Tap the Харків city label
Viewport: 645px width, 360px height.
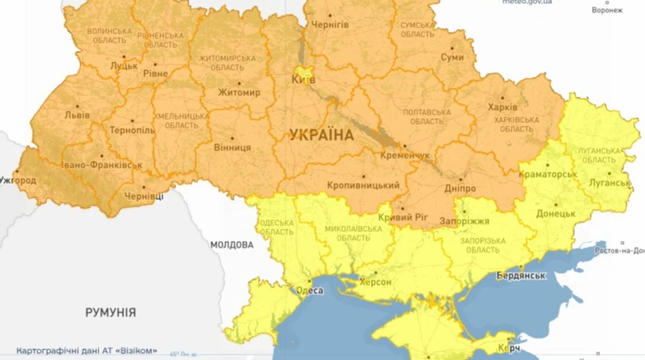503,107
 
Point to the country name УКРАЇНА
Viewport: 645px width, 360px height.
322,134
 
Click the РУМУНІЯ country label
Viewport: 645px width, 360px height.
110,311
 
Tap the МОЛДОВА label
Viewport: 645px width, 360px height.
231,244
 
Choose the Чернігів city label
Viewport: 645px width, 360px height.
330,25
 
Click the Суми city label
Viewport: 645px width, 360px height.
452,58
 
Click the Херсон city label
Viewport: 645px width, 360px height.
375,282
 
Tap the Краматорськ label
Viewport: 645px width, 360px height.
548,173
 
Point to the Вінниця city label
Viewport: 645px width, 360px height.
232,147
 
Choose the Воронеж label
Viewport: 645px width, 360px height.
606,11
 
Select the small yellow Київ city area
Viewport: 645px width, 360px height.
302,75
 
